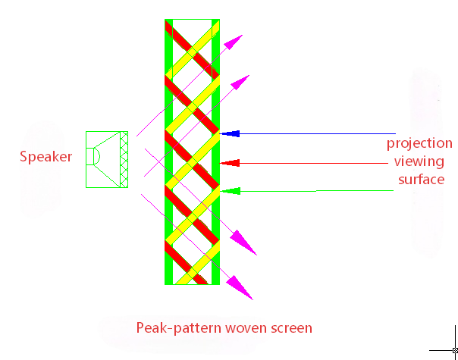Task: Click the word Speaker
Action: point(45,157)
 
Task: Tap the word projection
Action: point(419,143)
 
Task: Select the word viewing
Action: point(419,161)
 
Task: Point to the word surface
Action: point(421,180)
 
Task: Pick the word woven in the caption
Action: point(246,328)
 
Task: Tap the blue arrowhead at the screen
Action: point(230,133)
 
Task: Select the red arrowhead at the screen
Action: point(230,163)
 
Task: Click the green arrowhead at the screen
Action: point(231,191)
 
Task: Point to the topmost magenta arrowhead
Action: point(234,42)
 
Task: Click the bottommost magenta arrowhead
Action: point(240,287)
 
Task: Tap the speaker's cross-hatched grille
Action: point(124,159)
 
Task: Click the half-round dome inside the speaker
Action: point(97,156)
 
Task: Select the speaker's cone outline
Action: point(107,159)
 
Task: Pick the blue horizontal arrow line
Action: point(307,133)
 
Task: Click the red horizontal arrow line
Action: point(304,163)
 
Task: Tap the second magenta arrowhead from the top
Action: point(240,83)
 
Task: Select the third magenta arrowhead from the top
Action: point(243,243)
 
